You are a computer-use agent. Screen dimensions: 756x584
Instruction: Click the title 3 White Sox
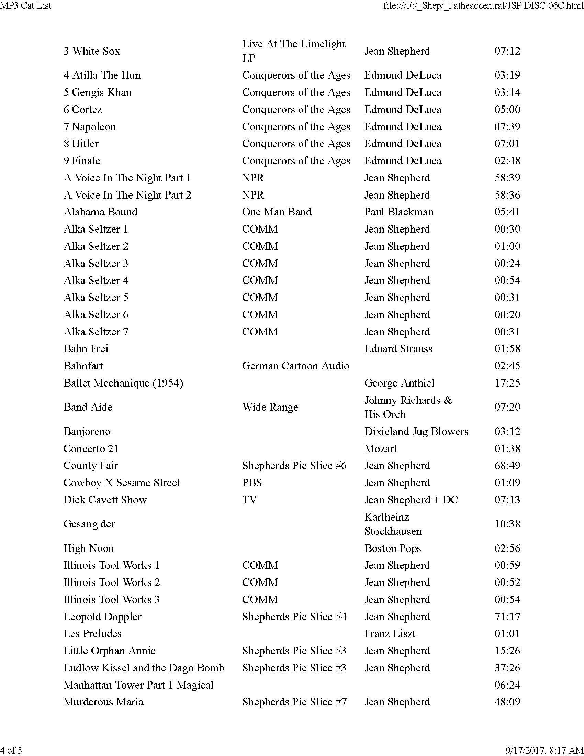click(x=92, y=51)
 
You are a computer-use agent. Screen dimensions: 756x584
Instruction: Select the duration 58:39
click(x=507, y=178)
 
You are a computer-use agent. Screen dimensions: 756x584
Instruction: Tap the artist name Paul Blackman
click(x=398, y=212)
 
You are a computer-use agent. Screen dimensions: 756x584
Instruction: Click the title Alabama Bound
click(x=100, y=212)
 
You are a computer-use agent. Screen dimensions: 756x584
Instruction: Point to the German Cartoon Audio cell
click(x=295, y=366)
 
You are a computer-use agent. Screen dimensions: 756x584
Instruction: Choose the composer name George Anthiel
click(x=399, y=383)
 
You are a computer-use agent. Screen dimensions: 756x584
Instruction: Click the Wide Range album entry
click(x=270, y=407)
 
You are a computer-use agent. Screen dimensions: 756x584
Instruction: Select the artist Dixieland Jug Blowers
click(x=416, y=432)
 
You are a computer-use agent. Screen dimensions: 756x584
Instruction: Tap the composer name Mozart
click(x=381, y=448)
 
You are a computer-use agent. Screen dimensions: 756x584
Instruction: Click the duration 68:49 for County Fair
click(x=507, y=466)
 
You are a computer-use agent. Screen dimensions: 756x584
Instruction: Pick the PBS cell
click(x=252, y=483)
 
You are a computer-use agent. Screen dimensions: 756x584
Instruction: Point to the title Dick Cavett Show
click(x=105, y=500)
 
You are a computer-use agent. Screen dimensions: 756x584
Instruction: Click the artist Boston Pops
click(x=393, y=548)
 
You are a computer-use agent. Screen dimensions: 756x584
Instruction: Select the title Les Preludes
click(x=92, y=633)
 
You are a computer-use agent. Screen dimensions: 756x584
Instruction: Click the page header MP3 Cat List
click(x=26, y=5)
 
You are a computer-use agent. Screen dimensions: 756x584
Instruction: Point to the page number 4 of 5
click(x=11, y=750)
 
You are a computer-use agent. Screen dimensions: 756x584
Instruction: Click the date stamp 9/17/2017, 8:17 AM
click(x=544, y=750)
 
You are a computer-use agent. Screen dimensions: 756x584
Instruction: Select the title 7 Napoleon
click(x=90, y=127)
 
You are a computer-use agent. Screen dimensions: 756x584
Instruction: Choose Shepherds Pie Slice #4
click(x=294, y=616)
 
